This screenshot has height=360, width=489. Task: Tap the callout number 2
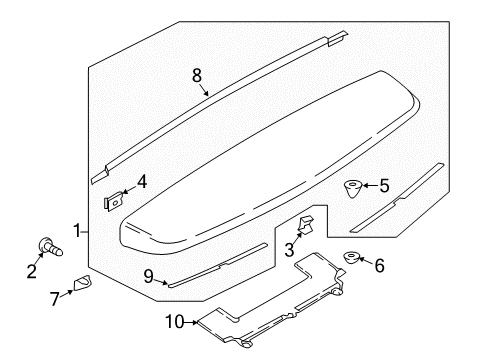(x=32, y=270)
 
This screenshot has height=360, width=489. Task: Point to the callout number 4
(x=142, y=182)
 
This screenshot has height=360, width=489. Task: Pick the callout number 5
(x=384, y=185)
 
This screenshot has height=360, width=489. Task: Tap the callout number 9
(x=149, y=276)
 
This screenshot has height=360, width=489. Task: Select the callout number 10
(x=174, y=323)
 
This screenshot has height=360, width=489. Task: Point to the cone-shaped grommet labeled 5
(x=353, y=187)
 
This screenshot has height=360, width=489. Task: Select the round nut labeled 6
(x=353, y=260)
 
